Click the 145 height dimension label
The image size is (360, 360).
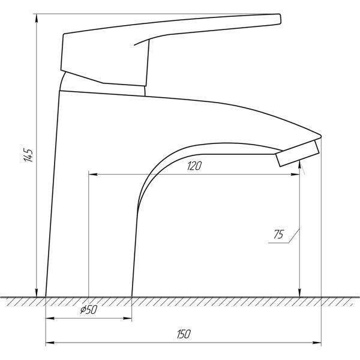pyautogui.click(x=28, y=155)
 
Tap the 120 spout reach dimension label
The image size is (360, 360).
pyautogui.click(x=194, y=166)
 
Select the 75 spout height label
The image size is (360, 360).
pyautogui.click(x=278, y=234)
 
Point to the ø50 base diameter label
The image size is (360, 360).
pyautogui.click(x=89, y=310)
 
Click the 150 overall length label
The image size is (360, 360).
pyautogui.click(x=184, y=334)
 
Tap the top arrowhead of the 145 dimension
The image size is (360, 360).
pyautogui.click(x=37, y=19)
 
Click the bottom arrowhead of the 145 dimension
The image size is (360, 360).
pyautogui.click(x=37, y=293)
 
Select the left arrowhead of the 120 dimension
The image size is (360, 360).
pyautogui.click(x=93, y=175)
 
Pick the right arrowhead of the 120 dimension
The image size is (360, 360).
pyautogui.click(x=295, y=175)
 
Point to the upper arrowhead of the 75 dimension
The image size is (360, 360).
pyautogui.click(x=300, y=165)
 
